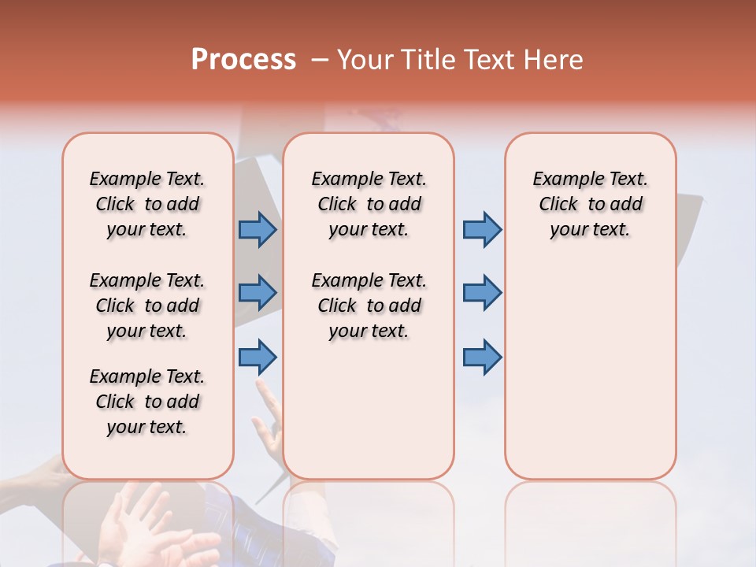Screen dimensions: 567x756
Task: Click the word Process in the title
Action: (x=243, y=60)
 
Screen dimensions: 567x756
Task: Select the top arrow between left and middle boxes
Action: (x=258, y=229)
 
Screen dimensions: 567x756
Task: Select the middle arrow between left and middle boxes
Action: (x=258, y=293)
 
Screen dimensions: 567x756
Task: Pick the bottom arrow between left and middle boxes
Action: (x=258, y=357)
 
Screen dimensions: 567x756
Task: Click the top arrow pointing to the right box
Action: (x=482, y=229)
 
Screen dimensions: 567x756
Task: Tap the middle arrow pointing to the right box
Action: (x=482, y=293)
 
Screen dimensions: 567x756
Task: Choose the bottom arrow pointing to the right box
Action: (x=482, y=357)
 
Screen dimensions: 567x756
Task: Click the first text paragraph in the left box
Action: (x=147, y=204)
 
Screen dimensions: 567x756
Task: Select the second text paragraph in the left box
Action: (x=147, y=306)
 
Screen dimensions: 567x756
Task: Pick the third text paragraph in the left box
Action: (x=147, y=402)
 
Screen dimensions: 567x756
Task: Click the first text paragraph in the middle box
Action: (x=369, y=204)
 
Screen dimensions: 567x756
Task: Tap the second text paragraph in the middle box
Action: (x=369, y=306)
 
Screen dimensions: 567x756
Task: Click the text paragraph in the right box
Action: (x=590, y=204)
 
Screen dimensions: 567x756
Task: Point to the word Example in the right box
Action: (x=561, y=180)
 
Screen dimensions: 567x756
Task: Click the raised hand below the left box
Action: (x=150, y=528)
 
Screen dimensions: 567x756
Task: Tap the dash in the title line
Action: (x=320, y=60)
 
